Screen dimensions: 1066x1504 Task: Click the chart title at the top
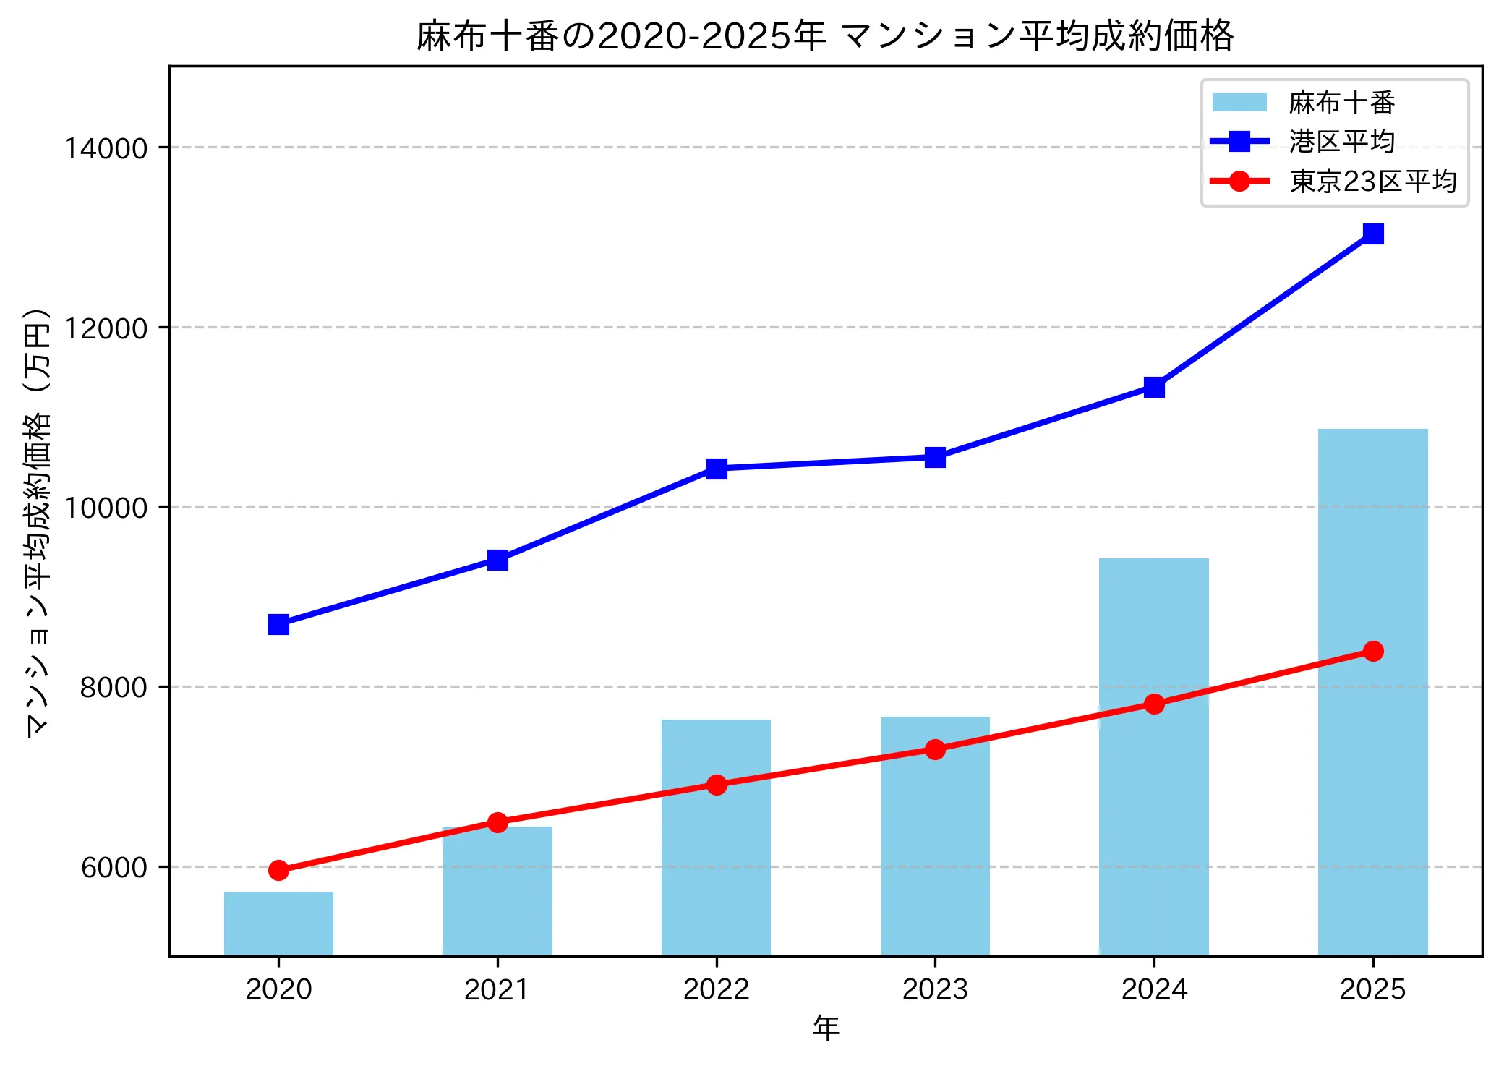pos(825,35)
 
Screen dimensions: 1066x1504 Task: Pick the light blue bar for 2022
pos(716,868)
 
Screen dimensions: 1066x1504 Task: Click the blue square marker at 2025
pos(1372,234)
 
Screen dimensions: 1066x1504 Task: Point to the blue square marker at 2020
pos(278,624)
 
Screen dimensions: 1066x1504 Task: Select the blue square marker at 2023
pos(935,457)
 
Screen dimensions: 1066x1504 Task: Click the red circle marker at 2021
pos(497,822)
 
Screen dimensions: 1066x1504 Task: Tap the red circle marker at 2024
pos(1154,704)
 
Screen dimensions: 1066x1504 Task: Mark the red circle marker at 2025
pos(1372,651)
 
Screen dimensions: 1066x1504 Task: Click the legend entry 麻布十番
pos(1341,103)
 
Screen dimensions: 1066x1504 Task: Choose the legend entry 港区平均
pos(1341,142)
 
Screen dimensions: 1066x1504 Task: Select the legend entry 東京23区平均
pos(1372,181)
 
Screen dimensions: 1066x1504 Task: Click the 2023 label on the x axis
pos(935,989)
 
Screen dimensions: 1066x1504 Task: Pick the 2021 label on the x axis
pos(497,989)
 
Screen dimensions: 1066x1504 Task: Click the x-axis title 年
pos(826,1028)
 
